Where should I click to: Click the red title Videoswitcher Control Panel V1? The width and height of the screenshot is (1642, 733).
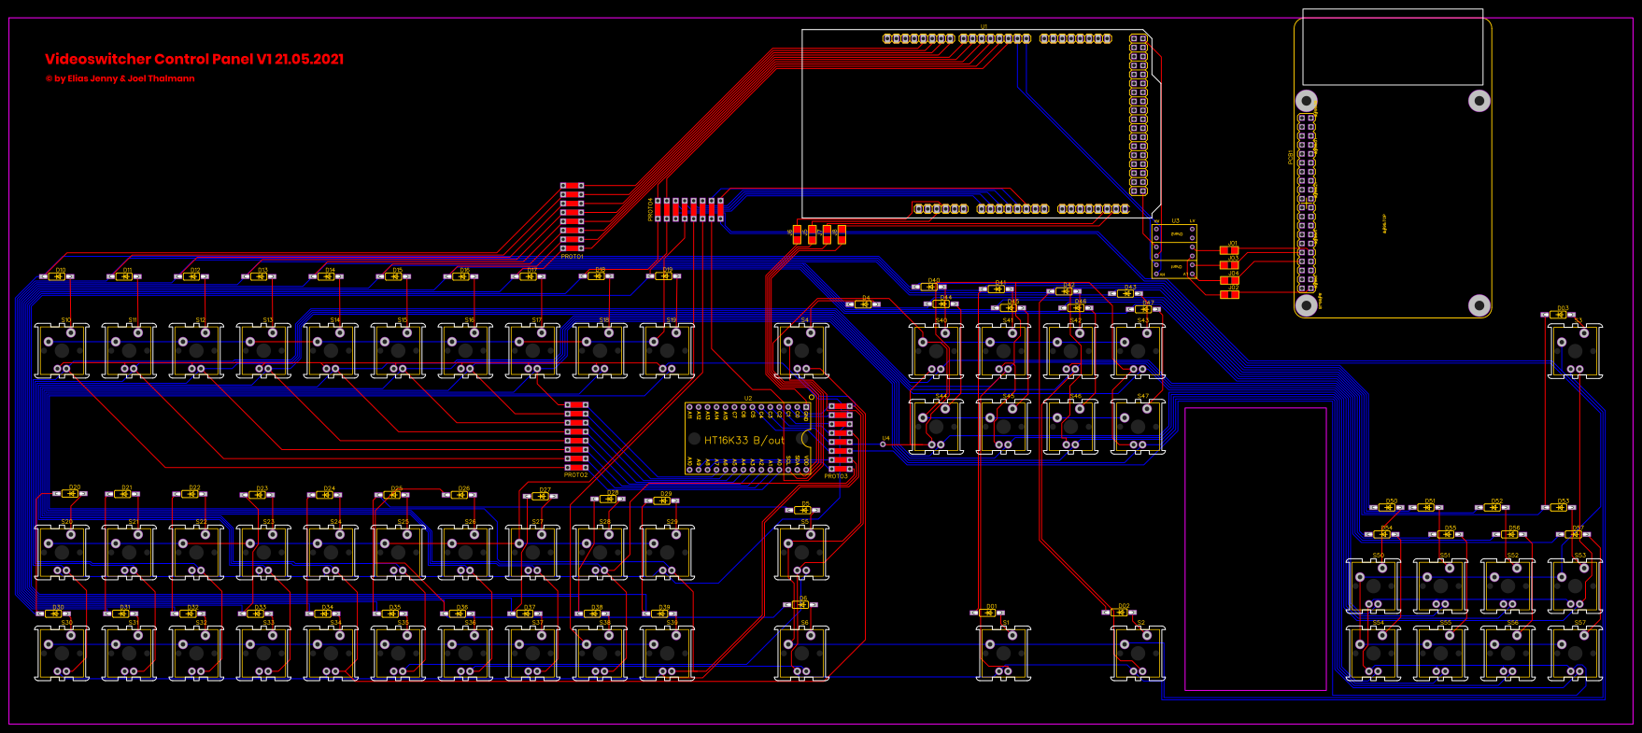[194, 59]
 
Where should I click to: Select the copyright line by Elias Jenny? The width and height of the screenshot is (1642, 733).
[120, 78]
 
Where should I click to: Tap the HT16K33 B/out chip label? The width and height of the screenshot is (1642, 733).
[744, 440]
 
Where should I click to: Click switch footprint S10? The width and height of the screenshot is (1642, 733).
[62, 350]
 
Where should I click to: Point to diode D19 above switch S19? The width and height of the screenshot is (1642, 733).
[663, 276]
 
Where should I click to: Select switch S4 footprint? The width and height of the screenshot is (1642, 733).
[801, 350]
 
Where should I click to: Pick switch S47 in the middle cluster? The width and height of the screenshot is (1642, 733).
[1138, 426]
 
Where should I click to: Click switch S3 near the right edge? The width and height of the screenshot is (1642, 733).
[1575, 350]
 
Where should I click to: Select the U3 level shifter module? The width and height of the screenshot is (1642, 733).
[1174, 250]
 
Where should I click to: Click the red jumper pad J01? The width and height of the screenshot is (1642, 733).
[1229, 250]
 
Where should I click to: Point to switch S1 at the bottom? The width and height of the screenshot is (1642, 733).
[1003, 652]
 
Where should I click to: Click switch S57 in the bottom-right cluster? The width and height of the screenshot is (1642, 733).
[1575, 652]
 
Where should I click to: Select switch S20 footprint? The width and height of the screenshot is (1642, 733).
[62, 552]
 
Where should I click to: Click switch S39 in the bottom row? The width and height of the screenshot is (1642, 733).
[667, 652]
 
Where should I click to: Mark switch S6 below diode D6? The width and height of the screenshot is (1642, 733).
[801, 652]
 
